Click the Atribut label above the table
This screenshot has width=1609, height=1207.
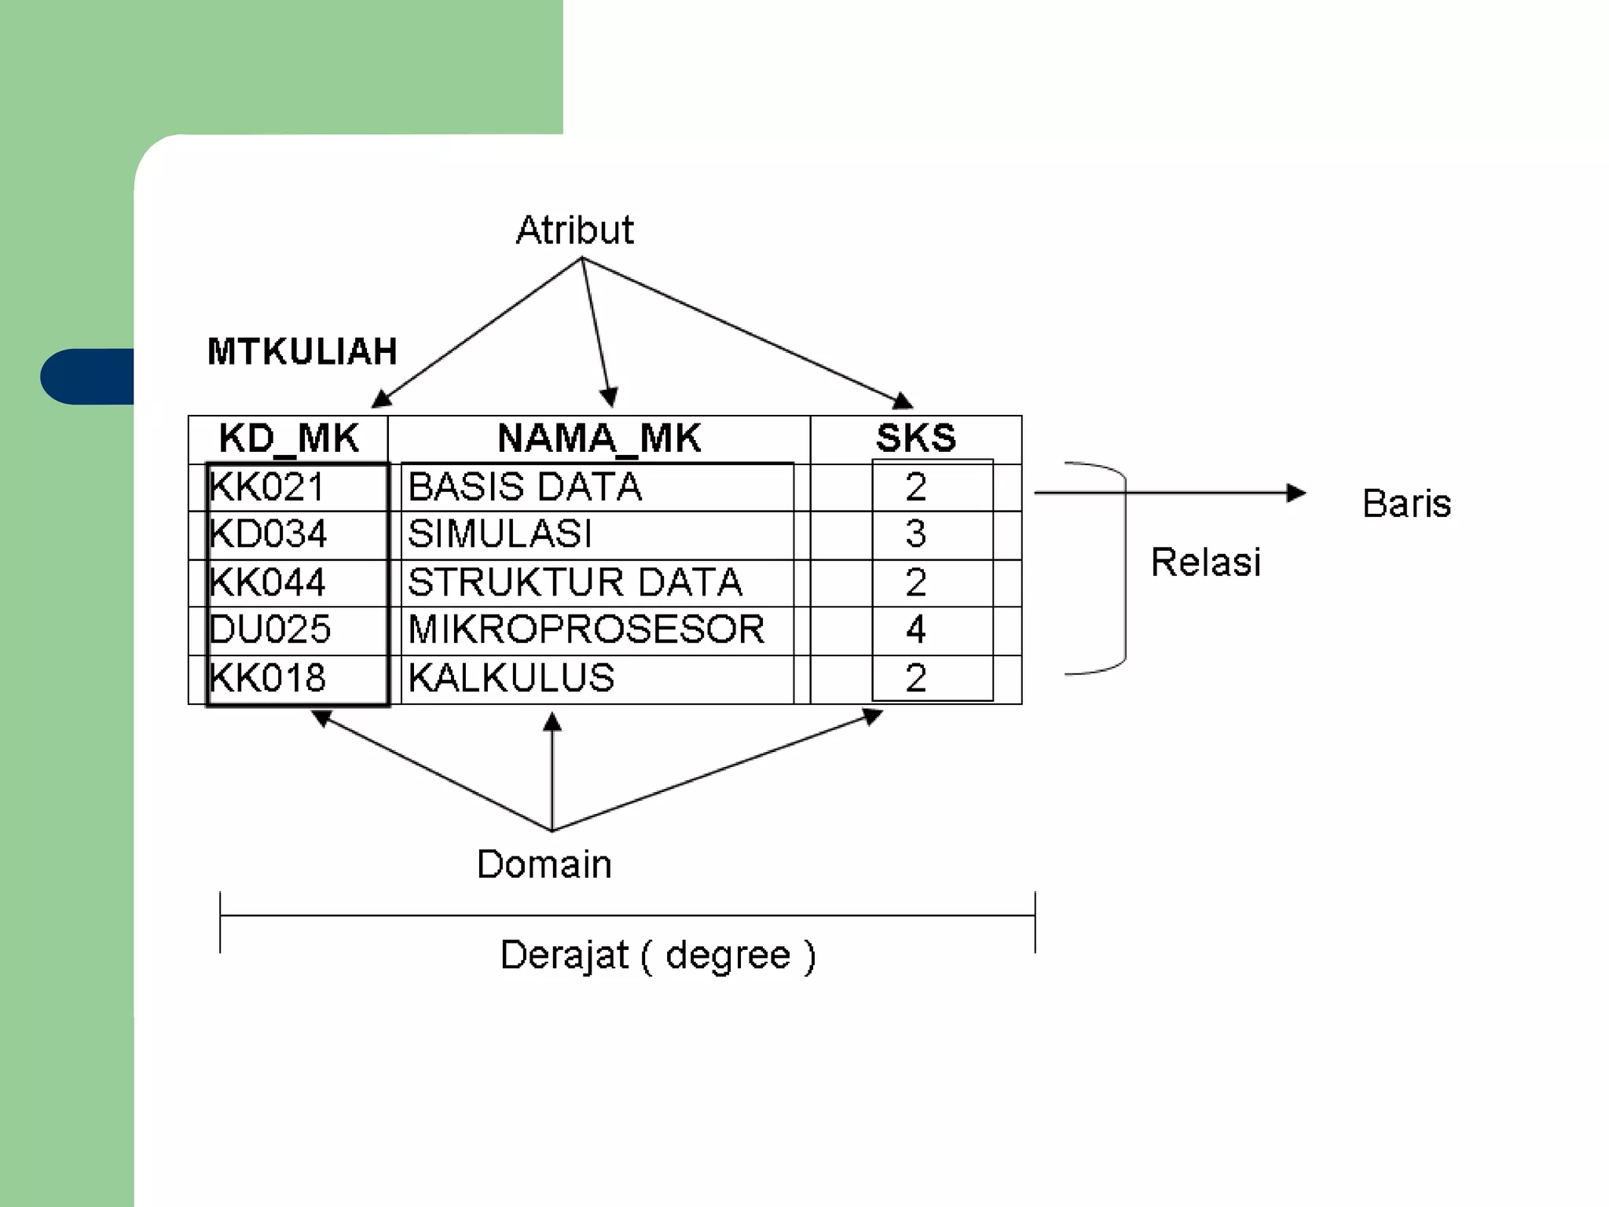[574, 230]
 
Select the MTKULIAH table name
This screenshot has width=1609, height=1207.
[302, 351]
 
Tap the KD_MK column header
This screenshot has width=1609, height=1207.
[288, 438]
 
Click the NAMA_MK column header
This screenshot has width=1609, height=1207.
[599, 438]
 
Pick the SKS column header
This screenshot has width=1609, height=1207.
[916, 438]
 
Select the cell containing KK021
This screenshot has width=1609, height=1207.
[267, 487]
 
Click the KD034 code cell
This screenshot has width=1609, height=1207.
[268, 534]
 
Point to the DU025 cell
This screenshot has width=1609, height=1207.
[270, 629]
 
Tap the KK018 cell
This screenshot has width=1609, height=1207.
[268, 678]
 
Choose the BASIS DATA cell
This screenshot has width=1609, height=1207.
[525, 487]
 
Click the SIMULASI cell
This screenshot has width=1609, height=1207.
[500, 534]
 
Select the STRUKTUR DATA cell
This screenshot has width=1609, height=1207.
[574, 582]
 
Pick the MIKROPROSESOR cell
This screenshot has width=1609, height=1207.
[586, 629]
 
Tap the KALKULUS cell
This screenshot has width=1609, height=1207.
[511, 678]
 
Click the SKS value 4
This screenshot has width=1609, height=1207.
[916, 629]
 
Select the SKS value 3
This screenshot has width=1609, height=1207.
[916, 534]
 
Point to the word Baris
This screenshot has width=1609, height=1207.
[1406, 504]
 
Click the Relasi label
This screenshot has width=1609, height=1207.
[1206, 563]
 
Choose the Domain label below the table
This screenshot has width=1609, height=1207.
[544, 864]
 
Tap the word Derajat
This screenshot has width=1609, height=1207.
[564, 956]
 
